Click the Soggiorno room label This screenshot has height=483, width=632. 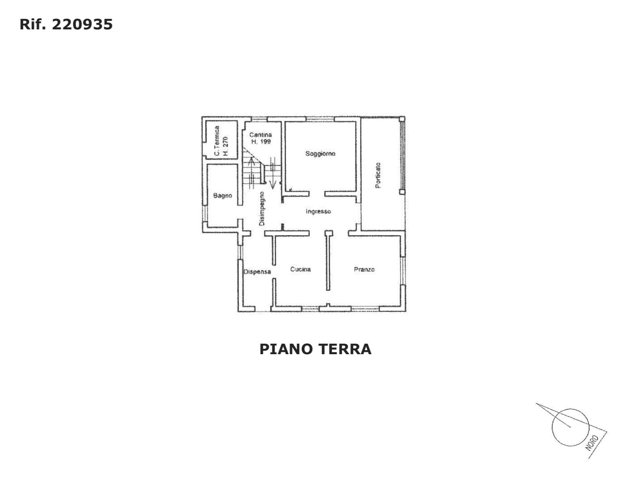click(x=320, y=154)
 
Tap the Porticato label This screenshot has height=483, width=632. click(x=378, y=175)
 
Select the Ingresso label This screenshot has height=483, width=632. click(x=318, y=212)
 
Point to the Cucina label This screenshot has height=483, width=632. click(x=300, y=269)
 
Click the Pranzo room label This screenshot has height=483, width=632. click(x=364, y=269)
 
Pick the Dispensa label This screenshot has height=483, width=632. click(x=257, y=272)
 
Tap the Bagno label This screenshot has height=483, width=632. click(x=223, y=196)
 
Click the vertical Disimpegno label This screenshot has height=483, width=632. click(x=262, y=208)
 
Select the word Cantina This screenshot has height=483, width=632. click(x=260, y=135)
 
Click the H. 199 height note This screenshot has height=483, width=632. click(x=261, y=142)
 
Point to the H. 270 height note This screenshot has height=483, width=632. click(x=225, y=146)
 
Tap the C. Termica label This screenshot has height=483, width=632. click(x=217, y=141)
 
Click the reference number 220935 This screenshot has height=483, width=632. click(x=83, y=24)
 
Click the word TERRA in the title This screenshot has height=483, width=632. click(x=345, y=349)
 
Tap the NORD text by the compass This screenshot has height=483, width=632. click(x=593, y=443)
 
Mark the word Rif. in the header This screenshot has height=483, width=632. click(x=33, y=24)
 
